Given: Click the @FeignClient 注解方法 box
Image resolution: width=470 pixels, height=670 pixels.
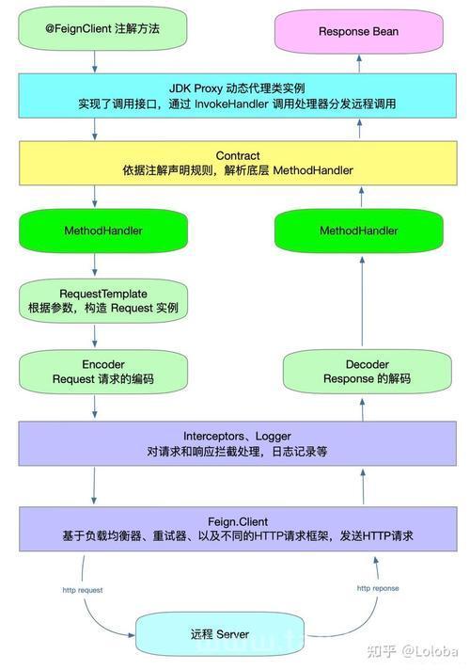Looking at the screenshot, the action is pos(102,28).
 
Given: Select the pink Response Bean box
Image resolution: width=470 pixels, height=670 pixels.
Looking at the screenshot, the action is pos(358,31).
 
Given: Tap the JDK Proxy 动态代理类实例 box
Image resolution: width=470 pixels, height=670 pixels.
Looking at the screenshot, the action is pos(237,96).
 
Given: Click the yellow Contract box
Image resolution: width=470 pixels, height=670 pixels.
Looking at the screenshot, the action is pos(238,163).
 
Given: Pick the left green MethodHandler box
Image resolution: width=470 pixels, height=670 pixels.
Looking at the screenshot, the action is pos(103,231).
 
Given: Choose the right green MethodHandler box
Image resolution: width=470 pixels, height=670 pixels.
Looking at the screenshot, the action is pos(358,231).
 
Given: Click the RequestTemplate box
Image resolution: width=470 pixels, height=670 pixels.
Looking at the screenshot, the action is pos(103,301).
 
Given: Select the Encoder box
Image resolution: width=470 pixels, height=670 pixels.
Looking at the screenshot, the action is pos(103,372).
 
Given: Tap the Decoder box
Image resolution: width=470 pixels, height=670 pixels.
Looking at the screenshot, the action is pos(368,372).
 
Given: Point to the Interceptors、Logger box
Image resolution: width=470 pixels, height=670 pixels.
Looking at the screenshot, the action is pos(237,443).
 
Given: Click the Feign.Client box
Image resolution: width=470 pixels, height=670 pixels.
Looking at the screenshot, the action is pos(238,529).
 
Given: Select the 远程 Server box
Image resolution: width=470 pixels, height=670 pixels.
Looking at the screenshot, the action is pos(220,634).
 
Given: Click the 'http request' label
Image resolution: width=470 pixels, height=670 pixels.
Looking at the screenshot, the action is pos(83,590).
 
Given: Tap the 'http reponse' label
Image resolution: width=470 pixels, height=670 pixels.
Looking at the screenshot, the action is pos(378,588).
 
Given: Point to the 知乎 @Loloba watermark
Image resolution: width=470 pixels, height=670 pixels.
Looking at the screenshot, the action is pos(413,651).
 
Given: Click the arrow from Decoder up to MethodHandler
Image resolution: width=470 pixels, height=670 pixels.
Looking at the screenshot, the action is pos(362,301).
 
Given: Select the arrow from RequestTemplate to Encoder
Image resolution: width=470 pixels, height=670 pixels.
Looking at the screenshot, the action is pos(94,336).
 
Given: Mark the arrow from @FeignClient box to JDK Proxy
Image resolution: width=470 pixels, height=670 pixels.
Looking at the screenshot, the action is pos(94,62).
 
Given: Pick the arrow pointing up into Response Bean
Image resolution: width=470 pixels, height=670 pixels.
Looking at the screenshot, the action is pos(359,63).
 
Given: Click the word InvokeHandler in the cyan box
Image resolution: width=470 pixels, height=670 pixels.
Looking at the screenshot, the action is pos(231,104).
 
